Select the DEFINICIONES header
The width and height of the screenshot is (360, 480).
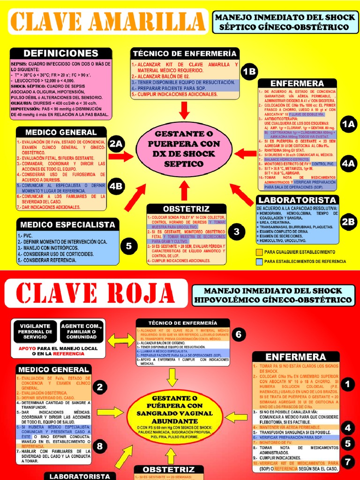coord(61,53)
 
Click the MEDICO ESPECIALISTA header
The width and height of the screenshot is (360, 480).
coord(68,225)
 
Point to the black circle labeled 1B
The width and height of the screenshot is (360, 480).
coord(249,72)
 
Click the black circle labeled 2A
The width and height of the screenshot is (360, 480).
coord(116,145)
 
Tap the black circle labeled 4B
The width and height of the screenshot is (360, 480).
coord(116,186)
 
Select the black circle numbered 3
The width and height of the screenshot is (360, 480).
coord(237,231)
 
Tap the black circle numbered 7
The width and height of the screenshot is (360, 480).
coord(347,461)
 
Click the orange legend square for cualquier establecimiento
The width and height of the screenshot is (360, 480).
coord(259,252)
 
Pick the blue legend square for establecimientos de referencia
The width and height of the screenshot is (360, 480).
coord(259,261)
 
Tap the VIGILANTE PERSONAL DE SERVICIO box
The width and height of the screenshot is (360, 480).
coord(35,331)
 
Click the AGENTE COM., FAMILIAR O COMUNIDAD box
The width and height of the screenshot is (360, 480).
coord(82,331)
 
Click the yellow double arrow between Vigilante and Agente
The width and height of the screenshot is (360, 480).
coord(59,330)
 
